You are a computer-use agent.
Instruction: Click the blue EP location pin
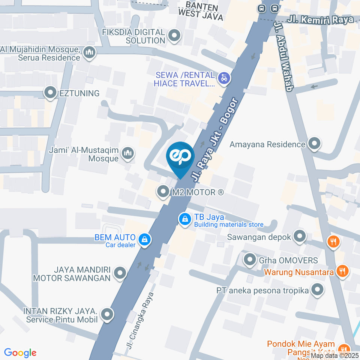click(x=180, y=156)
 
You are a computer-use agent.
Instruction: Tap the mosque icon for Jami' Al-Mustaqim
click(x=128, y=154)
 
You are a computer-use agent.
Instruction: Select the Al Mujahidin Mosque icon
click(x=89, y=53)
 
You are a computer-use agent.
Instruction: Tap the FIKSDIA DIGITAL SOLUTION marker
click(x=174, y=36)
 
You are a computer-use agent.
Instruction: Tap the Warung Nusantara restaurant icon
click(x=342, y=271)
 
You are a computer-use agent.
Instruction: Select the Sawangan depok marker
click(x=299, y=237)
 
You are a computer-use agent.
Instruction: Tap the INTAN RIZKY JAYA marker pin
click(x=107, y=315)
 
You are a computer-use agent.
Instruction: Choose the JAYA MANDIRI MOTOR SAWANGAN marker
click(x=120, y=273)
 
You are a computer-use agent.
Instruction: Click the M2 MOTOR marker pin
click(x=163, y=192)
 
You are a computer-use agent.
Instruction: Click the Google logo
click(x=20, y=352)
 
